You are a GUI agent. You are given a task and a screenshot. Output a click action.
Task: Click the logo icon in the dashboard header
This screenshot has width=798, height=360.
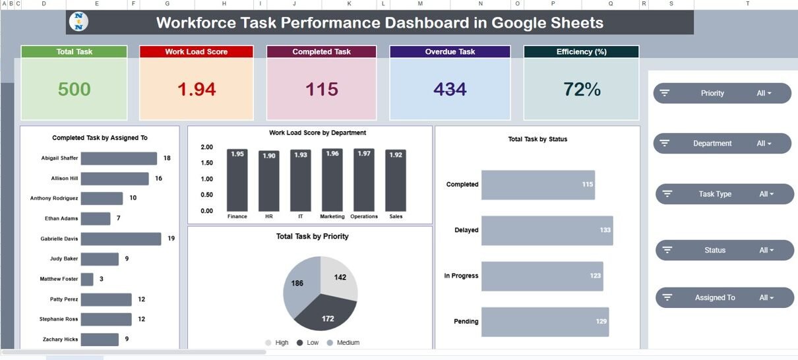(x=80, y=22)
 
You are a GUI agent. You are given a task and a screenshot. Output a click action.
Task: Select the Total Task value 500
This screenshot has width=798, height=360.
(x=74, y=89)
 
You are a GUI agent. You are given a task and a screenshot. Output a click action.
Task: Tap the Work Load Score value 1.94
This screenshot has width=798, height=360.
(x=197, y=89)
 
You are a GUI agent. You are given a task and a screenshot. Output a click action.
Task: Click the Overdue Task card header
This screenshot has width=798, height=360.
(x=450, y=51)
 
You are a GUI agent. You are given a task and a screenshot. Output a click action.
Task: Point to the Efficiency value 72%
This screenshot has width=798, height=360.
(x=581, y=89)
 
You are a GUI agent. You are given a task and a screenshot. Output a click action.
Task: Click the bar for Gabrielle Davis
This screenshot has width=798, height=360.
(x=121, y=239)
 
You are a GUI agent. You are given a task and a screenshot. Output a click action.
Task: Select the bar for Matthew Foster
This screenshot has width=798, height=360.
(x=88, y=279)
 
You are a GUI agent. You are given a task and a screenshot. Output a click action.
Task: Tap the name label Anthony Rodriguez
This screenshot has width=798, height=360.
(x=54, y=198)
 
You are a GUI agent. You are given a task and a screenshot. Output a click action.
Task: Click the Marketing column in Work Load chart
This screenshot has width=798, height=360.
(x=332, y=179)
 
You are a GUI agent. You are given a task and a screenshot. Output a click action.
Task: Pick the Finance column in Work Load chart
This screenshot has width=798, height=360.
(x=237, y=179)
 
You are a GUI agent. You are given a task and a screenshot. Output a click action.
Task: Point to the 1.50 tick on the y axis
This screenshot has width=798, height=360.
(x=206, y=163)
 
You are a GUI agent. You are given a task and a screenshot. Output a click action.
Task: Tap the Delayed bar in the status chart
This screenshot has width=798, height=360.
(x=547, y=230)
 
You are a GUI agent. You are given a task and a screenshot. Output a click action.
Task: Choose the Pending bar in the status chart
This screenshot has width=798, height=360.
(x=545, y=322)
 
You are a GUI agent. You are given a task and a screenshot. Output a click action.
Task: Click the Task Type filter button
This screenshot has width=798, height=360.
(x=725, y=194)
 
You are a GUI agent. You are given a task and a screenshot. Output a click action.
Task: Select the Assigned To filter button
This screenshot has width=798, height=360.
(x=725, y=297)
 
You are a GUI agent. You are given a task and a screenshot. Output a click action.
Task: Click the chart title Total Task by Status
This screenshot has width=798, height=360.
(x=537, y=139)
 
